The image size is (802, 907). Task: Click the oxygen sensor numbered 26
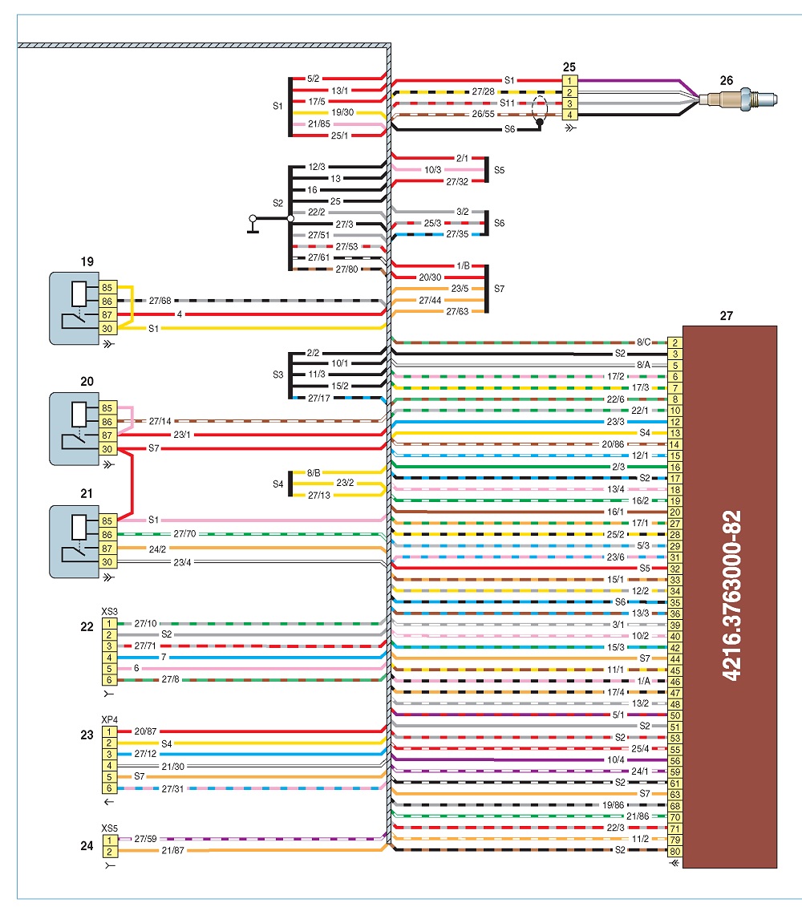point(738,99)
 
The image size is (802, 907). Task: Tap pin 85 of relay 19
point(107,287)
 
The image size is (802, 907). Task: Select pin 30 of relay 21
point(107,561)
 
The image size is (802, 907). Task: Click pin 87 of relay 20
point(107,435)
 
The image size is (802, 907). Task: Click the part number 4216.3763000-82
point(732,595)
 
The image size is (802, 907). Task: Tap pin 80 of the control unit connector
point(674,851)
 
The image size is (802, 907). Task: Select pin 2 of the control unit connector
point(674,342)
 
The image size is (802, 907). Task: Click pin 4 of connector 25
point(569,115)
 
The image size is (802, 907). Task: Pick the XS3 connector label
point(109,611)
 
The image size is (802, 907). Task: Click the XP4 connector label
point(109,719)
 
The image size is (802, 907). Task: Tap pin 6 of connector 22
point(109,680)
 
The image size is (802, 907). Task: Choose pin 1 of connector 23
point(109,731)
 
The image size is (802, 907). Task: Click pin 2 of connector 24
point(109,852)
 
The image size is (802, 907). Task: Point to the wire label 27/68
point(160,301)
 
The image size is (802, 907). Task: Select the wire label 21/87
point(173,850)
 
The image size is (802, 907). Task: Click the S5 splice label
point(499,170)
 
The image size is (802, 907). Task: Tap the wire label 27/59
point(145,839)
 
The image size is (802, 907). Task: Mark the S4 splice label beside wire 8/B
point(277,484)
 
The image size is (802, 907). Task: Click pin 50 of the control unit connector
point(674,715)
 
